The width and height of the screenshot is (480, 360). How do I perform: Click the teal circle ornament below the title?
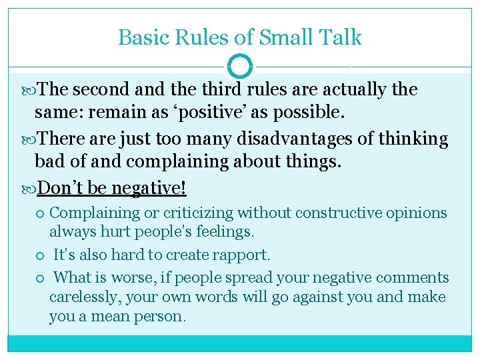click(x=240, y=67)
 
